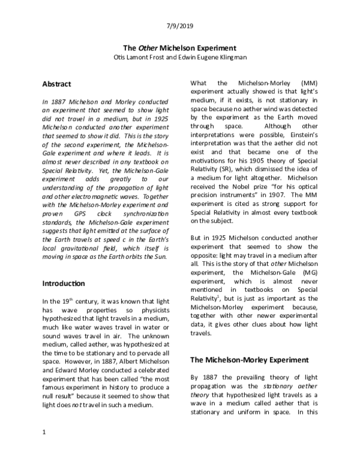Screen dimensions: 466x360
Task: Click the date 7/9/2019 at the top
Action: click(179, 26)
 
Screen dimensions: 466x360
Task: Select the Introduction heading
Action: click(64, 283)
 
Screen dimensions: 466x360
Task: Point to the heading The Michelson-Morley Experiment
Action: click(249, 360)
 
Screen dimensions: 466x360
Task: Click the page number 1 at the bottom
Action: click(43, 433)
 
